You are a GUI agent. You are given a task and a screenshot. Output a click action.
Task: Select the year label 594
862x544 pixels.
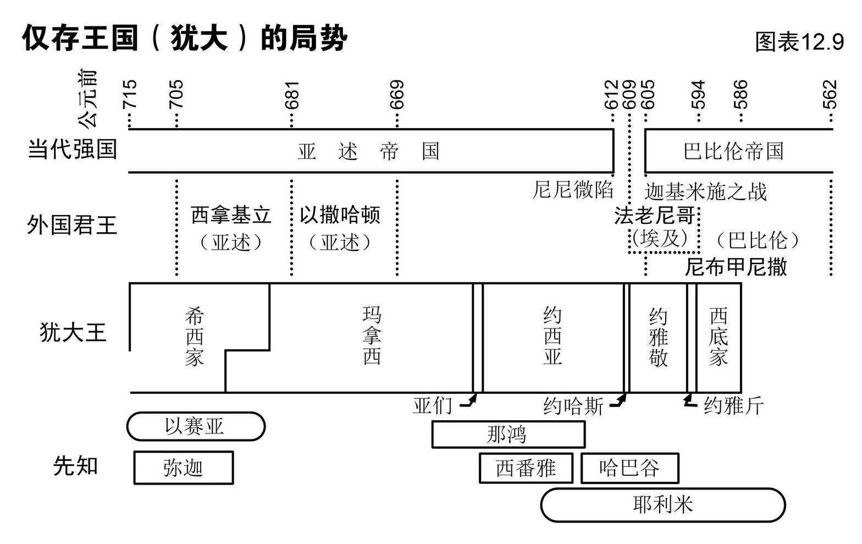coord(698,94)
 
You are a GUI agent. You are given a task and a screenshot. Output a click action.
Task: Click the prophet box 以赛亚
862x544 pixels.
coord(196,426)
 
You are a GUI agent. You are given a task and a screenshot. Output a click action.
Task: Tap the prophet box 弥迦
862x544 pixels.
coord(184,468)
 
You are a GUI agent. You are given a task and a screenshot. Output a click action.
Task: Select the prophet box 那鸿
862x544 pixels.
coord(508,435)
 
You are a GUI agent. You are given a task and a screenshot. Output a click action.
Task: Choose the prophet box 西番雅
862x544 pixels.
coord(526,468)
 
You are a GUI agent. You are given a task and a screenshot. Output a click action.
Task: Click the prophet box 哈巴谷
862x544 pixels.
coord(629,468)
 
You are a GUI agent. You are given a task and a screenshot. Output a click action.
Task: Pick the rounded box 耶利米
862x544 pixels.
coord(663,505)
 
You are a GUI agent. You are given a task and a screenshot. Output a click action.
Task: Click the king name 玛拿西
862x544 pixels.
coord(372,336)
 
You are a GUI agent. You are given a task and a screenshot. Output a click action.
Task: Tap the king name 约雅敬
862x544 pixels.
coord(658,337)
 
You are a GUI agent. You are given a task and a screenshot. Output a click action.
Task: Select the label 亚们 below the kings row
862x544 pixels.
coord(433,406)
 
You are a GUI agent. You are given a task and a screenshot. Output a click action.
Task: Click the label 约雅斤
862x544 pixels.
coord(734,406)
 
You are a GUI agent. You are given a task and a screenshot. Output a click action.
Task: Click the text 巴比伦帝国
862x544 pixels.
coord(733,151)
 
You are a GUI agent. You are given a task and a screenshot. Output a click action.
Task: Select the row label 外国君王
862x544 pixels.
coord(72,225)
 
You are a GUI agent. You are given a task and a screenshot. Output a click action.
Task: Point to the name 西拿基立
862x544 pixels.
coord(231,215)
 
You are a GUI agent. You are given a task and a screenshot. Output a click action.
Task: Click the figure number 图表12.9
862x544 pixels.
coord(799,41)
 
